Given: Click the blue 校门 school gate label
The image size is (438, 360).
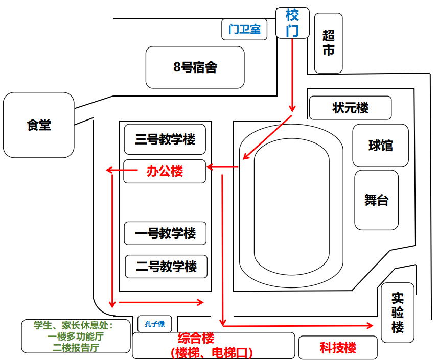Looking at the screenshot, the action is coord(292,23).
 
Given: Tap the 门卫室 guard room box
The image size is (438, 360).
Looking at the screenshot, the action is coord(244,29).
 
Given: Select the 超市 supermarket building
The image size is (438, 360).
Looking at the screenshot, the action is coord(328,43).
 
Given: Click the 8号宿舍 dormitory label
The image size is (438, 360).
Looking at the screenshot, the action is coord(195,67).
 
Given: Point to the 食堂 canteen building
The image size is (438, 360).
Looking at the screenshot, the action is coord(38,125).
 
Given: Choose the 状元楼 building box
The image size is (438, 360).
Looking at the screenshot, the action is coord(350,108).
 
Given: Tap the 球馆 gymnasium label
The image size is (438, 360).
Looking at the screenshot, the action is coord(380,146).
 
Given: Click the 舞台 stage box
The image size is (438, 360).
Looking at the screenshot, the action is coord(376,200).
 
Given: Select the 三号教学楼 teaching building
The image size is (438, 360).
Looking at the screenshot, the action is coord(165,139).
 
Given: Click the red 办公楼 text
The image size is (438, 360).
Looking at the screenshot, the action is coord(165,171).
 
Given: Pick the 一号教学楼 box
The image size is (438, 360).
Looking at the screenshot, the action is coord(165,233).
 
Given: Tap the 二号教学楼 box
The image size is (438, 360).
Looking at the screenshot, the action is coord(166,266).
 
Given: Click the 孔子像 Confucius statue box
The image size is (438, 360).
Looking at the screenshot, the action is coord(154,324).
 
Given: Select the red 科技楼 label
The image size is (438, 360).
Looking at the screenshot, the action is coord(338,348).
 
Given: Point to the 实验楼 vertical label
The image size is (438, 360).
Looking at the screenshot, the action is coord(397,313).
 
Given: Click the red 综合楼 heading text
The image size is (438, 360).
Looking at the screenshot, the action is coord(196,338).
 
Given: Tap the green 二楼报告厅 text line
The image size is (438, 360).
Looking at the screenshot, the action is coord(76,348).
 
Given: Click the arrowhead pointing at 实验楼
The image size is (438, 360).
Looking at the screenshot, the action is coord(370,326).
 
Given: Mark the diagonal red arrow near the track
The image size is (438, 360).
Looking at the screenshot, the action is coord(267,137).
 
